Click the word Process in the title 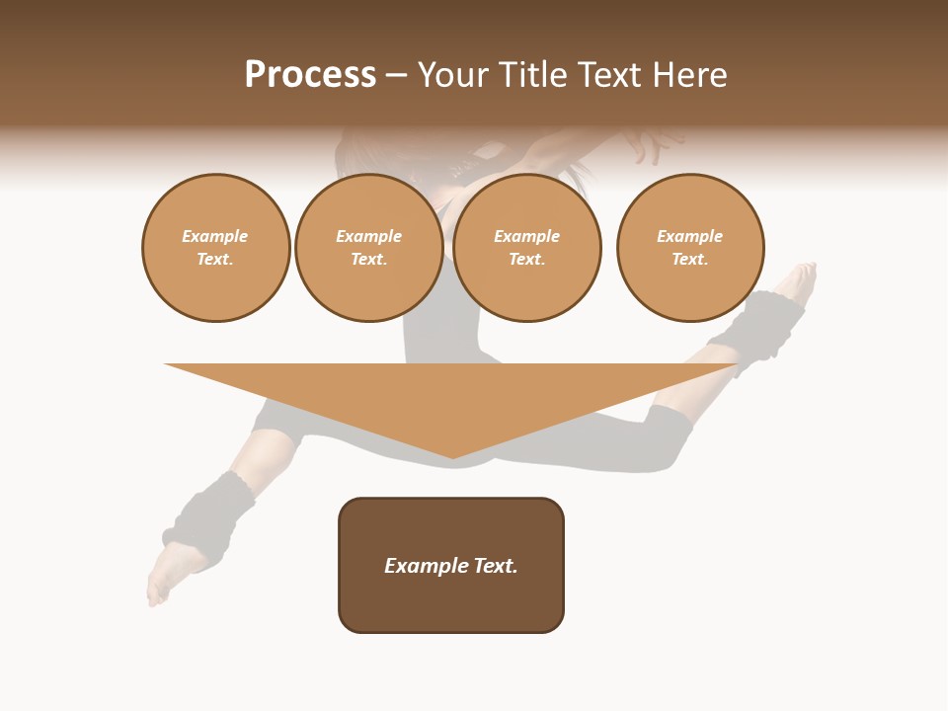click(310, 75)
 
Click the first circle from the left click(216, 248)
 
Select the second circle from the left click(369, 248)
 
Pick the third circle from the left click(527, 248)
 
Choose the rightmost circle click(690, 248)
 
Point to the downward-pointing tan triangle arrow click(451, 400)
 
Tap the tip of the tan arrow click(452, 455)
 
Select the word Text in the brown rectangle click(496, 566)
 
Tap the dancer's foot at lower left click(161, 578)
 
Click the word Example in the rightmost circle click(690, 236)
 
